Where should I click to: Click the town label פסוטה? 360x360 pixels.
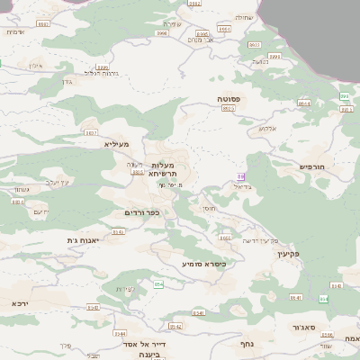pyautogui.click(x=229, y=98)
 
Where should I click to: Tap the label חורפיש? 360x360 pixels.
pyautogui.click(x=311, y=166)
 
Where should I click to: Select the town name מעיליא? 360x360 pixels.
pyautogui.click(x=117, y=144)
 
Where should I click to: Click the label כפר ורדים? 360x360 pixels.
pyautogui.click(x=142, y=212)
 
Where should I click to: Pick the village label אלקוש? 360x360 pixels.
pyautogui.click(x=267, y=128)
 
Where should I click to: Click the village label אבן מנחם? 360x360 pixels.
pyautogui.click(x=199, y=39)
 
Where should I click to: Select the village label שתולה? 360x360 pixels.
pyautogui.click(x=243, y=16)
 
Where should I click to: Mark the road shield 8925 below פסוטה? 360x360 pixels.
pyautogui.click(x=229, y=108)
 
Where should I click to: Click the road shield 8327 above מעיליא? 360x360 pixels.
pyautogui.click(x=91, y=132)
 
